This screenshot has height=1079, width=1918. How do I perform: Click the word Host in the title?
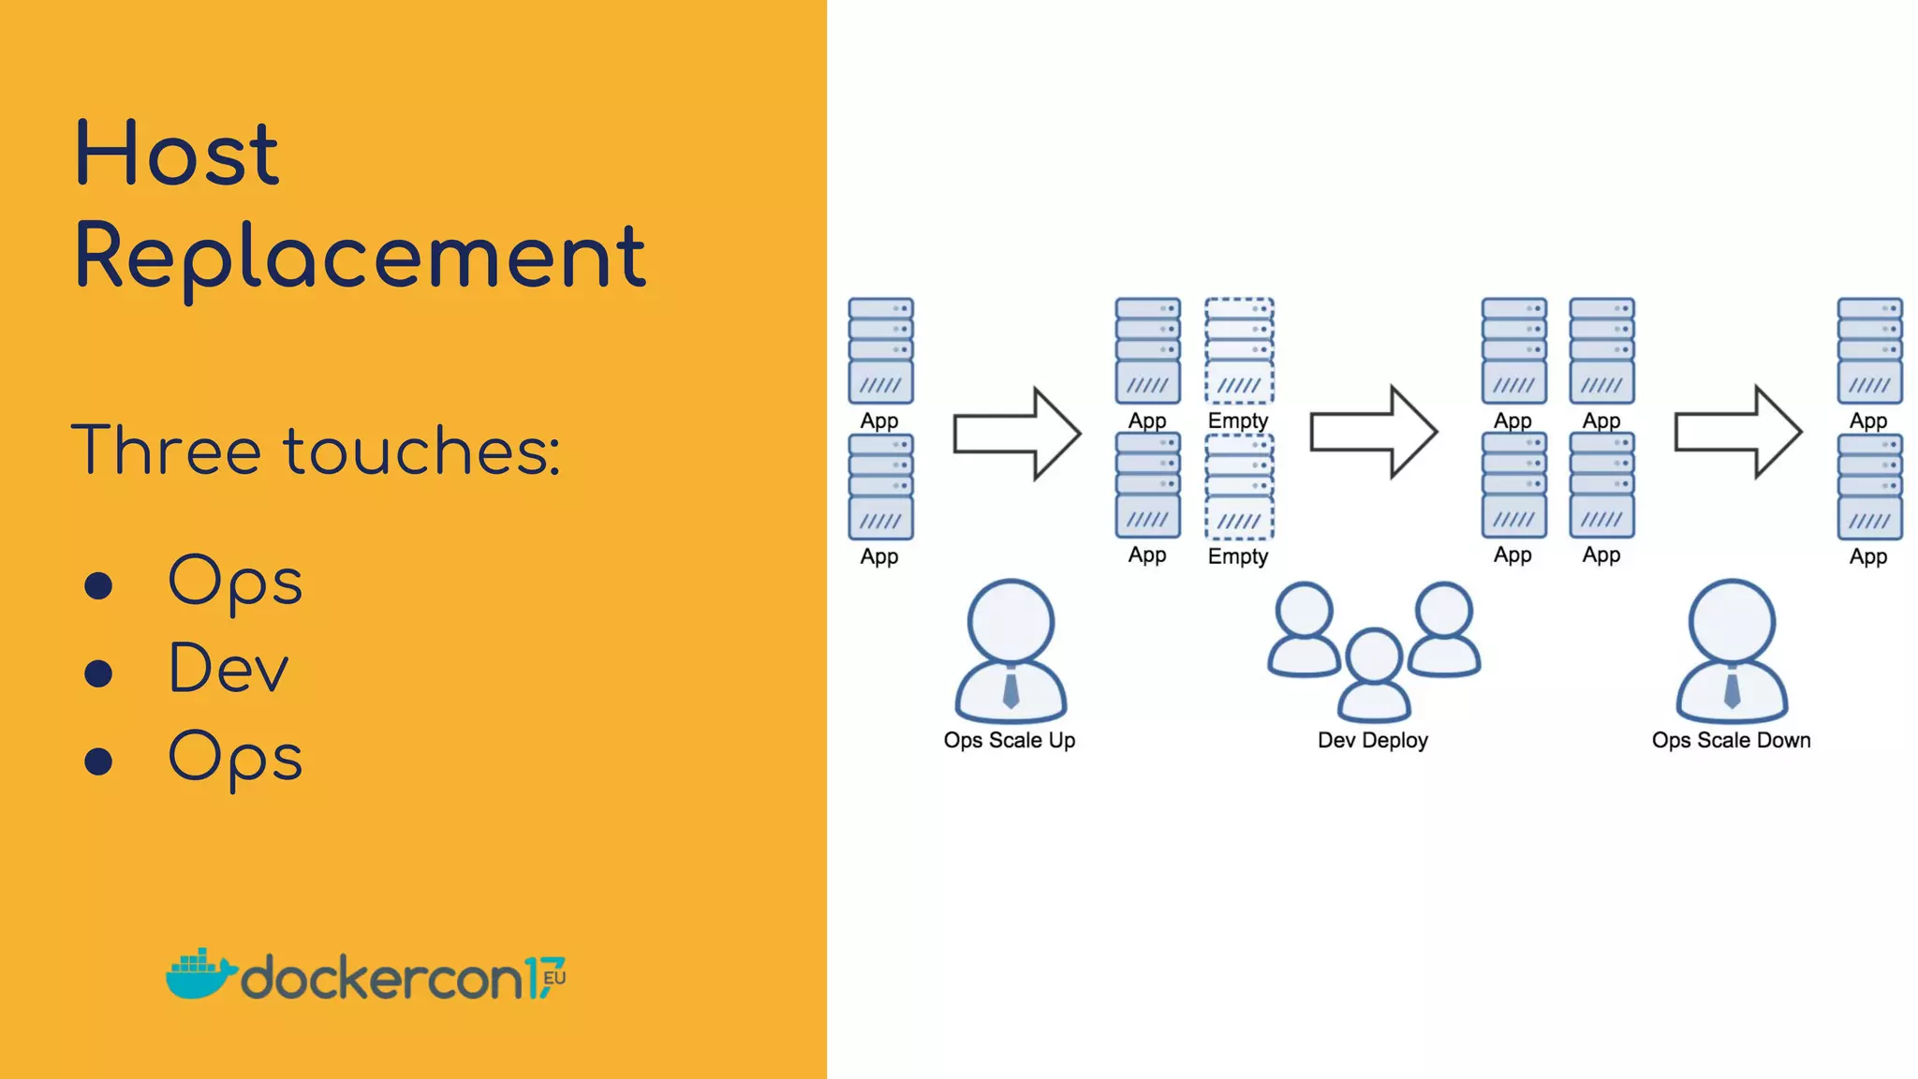176,154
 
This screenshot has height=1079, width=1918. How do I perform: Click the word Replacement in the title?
360,257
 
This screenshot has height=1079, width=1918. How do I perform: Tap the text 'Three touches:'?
316,451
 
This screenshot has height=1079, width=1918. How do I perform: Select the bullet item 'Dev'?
229,669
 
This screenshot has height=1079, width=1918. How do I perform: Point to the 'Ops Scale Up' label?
1010,740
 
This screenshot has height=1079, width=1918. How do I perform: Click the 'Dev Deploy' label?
1372,740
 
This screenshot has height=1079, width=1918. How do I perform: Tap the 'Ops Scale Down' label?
1731,740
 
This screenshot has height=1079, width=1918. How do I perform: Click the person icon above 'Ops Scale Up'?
1011,652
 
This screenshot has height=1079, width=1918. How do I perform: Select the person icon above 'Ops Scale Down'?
1732,652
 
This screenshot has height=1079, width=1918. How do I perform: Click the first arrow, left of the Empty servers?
1017,434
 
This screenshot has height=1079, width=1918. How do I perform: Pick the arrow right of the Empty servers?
1373,432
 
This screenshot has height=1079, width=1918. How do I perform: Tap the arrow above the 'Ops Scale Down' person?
1737,432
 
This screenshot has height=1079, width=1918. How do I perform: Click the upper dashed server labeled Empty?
1239,350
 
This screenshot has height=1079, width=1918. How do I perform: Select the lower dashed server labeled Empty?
1239,487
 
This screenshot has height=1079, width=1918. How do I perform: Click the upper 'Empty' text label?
1238,421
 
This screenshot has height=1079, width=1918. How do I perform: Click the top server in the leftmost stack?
880,350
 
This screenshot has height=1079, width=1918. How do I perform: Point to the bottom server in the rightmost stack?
1869,487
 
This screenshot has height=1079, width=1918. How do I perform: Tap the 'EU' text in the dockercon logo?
554,978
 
